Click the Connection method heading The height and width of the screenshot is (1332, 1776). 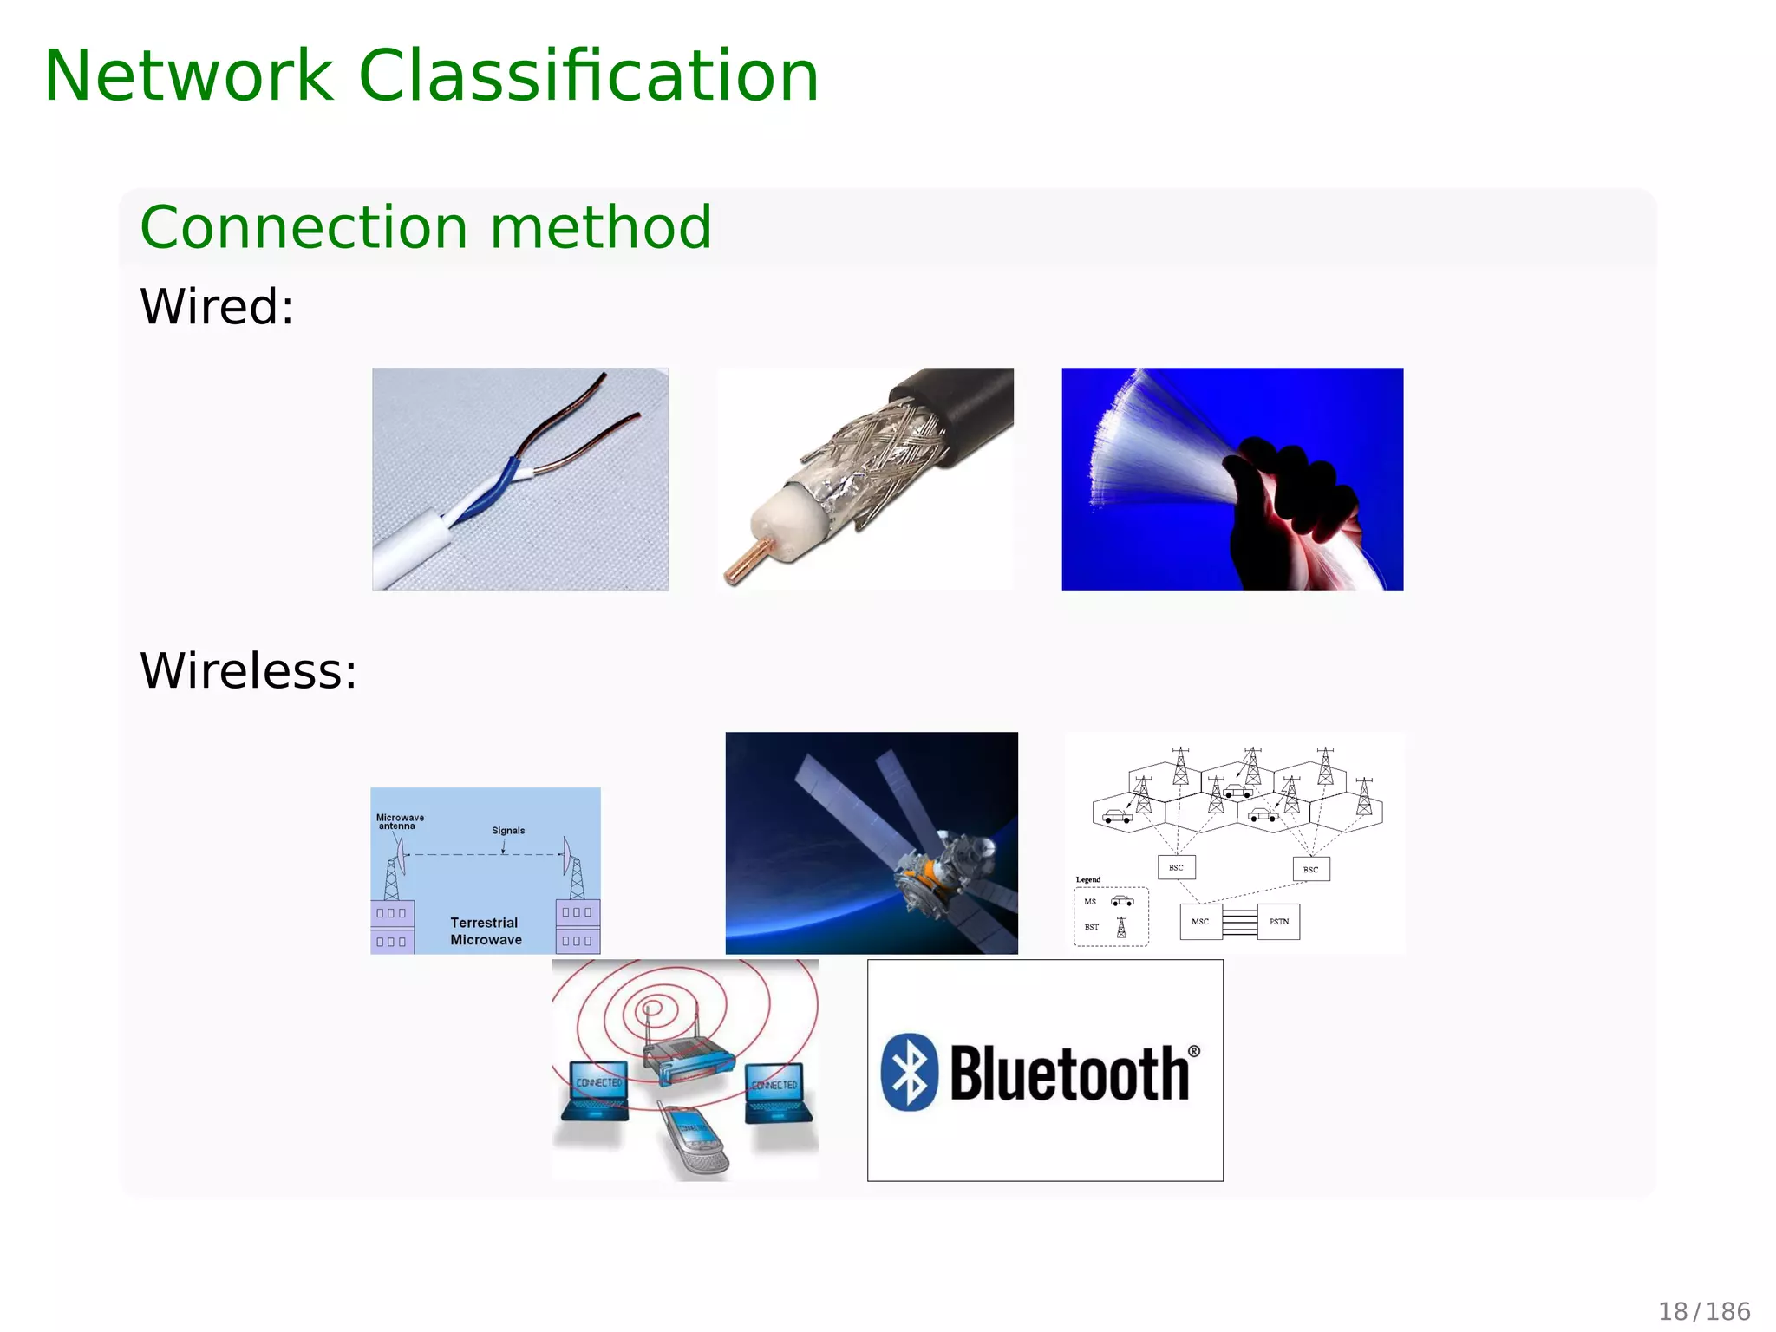(425, 227)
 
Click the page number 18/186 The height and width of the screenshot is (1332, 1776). (1704, 1311)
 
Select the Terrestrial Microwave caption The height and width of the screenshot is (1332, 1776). (486, 931)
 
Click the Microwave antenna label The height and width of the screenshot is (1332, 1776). (400, 821)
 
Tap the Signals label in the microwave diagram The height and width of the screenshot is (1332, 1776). (508, 831)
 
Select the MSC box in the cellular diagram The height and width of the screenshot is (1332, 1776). (1200, 922)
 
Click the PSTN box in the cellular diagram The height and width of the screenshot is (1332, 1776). (1278, 922)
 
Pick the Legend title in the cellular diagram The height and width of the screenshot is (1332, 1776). (1087, 879)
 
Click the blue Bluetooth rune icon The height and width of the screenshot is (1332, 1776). (910, 1073)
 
